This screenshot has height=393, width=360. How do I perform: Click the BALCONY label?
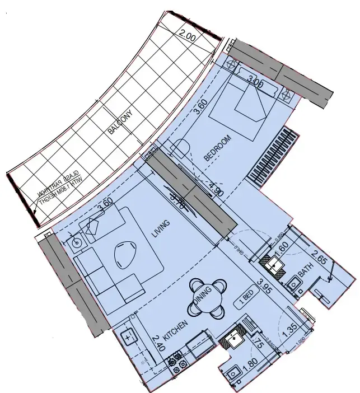point(120,121)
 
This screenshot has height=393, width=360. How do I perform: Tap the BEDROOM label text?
point(218,148)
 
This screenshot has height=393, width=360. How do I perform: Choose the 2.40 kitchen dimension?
point(158,343)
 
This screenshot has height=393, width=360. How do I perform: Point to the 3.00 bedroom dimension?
point(256,83)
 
